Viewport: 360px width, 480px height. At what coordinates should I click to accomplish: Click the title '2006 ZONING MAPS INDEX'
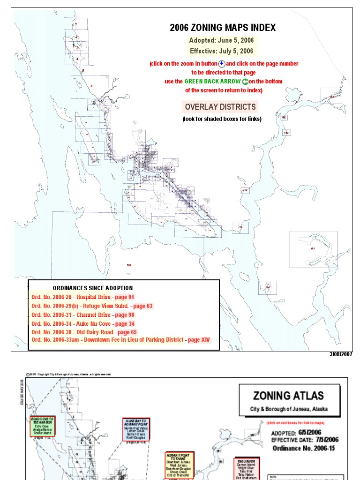click(223, 28)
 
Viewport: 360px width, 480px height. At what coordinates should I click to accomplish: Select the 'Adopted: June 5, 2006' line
click(221, 40)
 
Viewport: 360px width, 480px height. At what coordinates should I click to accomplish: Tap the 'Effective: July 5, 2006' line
click(221, 51)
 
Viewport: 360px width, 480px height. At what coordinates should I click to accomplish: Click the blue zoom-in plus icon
click(222, 64)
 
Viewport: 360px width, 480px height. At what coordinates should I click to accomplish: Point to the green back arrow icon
click(245, 82)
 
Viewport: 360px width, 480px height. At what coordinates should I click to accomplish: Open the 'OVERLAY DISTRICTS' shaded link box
click(220, 107)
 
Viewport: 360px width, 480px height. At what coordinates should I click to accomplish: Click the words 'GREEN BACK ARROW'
click(212, 82)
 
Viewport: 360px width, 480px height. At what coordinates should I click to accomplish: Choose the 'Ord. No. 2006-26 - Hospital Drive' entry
click(83, 297)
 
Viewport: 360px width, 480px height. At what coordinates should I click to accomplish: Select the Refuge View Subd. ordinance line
click(92, 306)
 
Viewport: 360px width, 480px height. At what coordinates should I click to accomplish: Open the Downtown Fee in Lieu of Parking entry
click(121, 340)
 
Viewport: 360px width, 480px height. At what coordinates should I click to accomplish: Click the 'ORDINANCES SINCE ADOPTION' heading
click(92, 288)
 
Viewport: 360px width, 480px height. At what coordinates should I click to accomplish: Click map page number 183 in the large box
click(313, 249)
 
